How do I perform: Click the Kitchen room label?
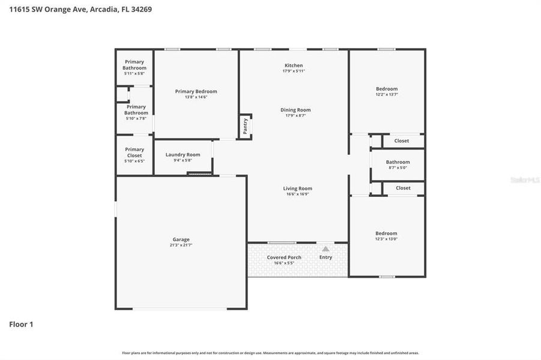294,65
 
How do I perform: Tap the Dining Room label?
295,110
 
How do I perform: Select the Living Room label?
297,188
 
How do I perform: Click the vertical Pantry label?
245,126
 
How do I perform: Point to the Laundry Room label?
183,154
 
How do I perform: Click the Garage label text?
181,239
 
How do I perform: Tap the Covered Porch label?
284,257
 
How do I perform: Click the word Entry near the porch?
325,257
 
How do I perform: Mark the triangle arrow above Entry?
325,248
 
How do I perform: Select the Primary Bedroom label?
196,91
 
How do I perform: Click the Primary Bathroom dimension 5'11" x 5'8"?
134,74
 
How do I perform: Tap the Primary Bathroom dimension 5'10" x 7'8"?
136,119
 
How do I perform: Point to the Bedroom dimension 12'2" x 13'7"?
387,95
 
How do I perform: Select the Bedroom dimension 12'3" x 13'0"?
387,239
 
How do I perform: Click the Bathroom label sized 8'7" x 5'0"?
397,162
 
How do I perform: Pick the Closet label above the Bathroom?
402,141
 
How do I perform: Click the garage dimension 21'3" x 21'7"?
181,245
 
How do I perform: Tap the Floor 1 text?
21,325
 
